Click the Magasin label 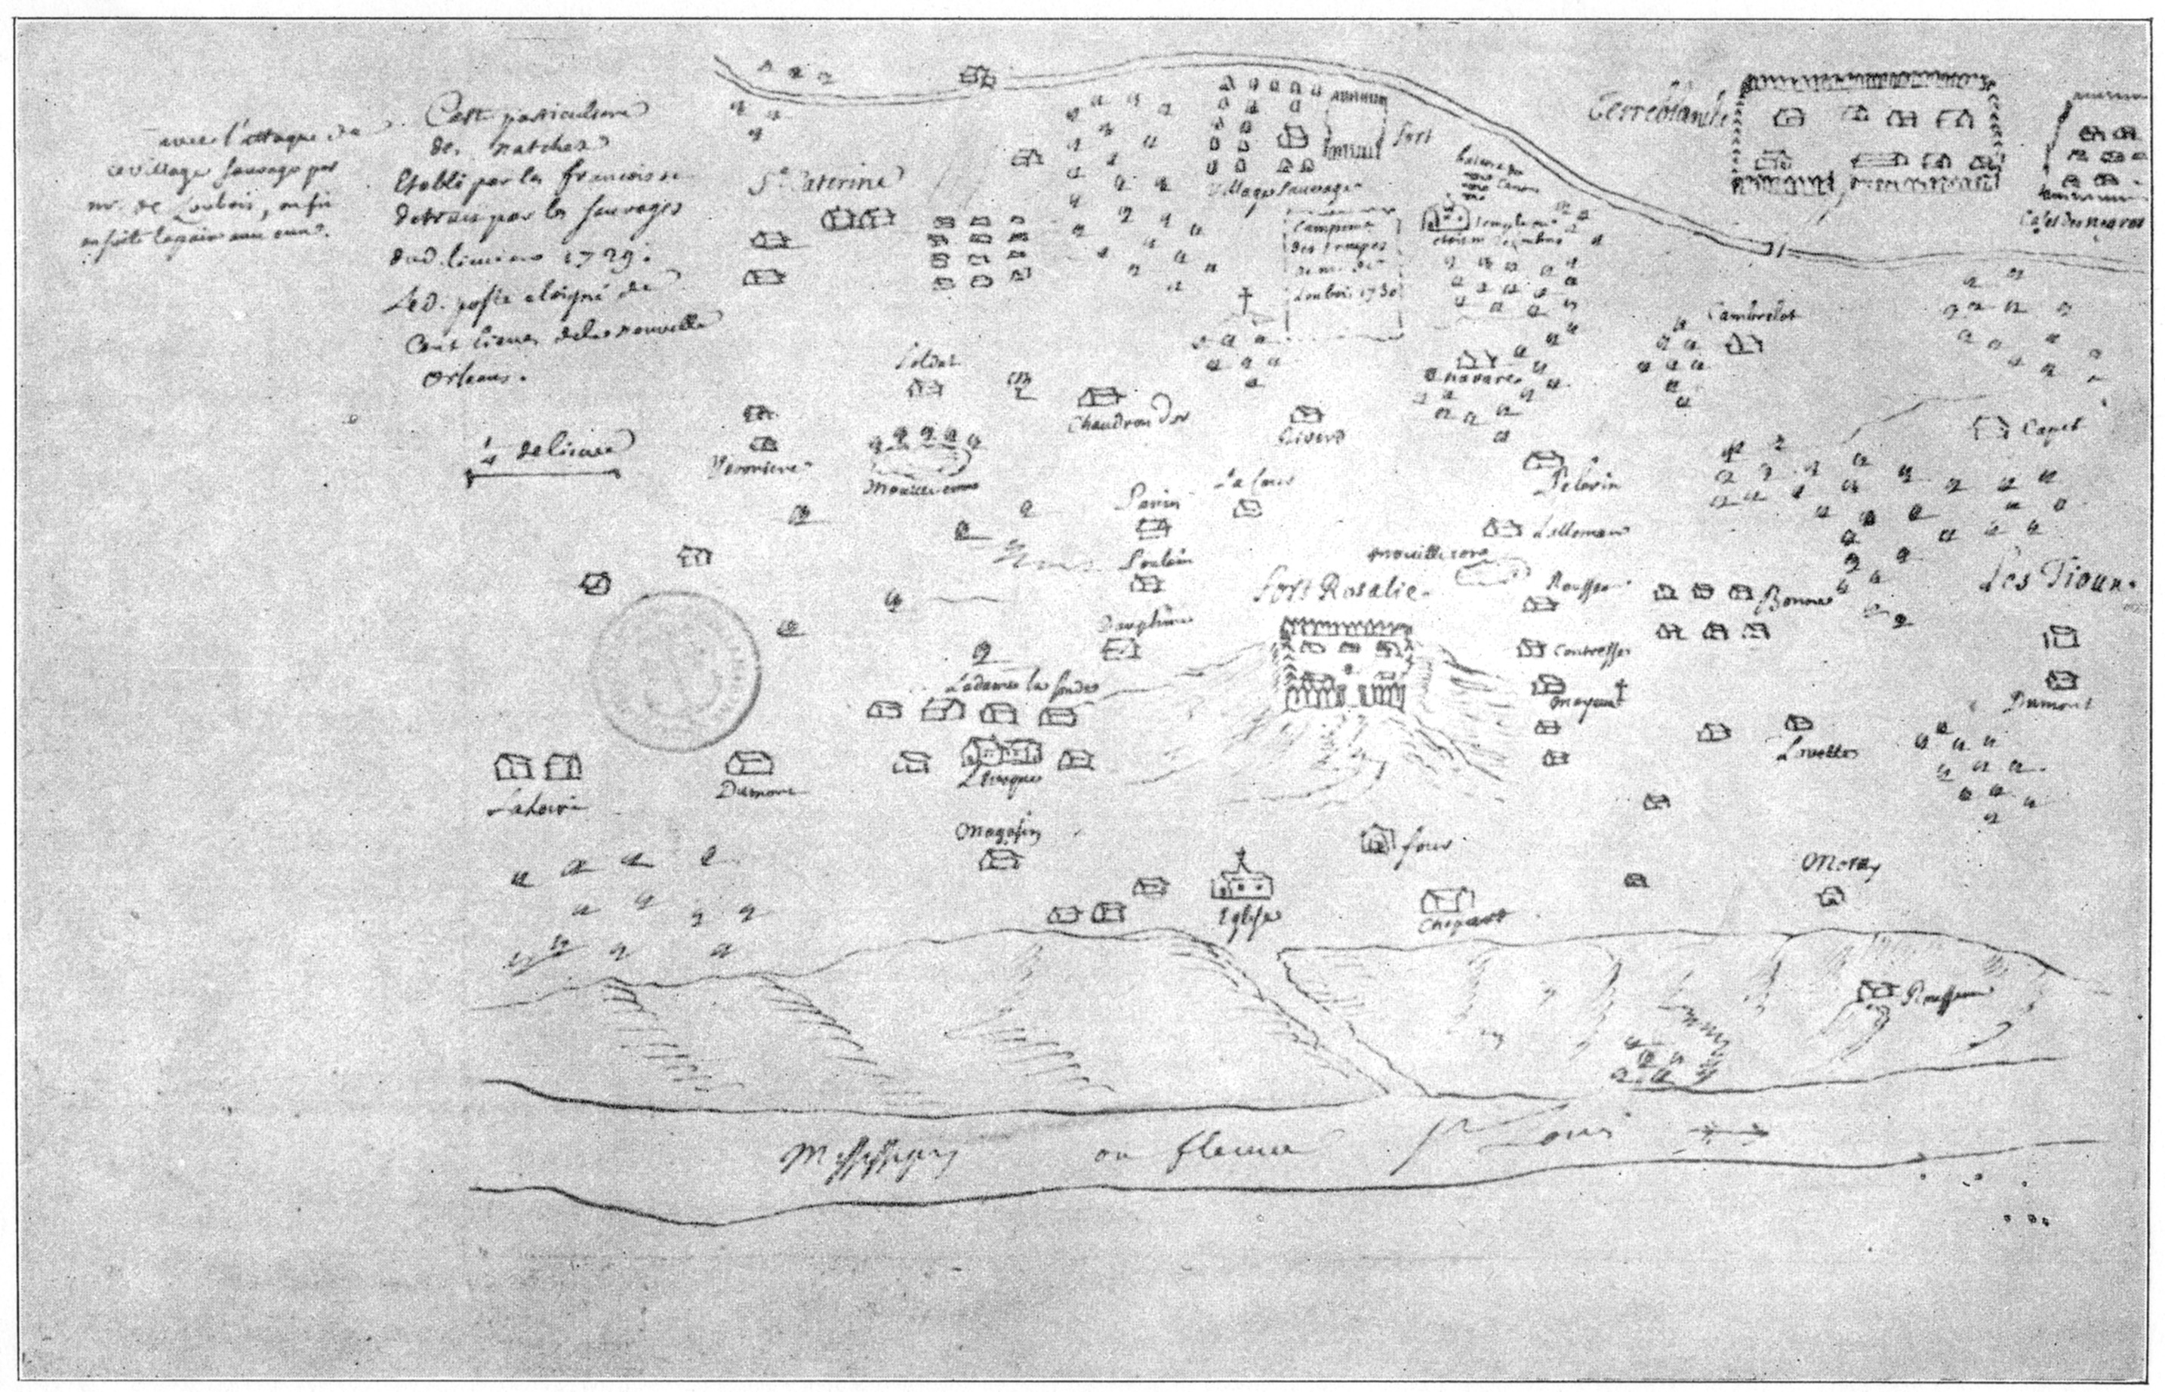pos(997,833)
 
